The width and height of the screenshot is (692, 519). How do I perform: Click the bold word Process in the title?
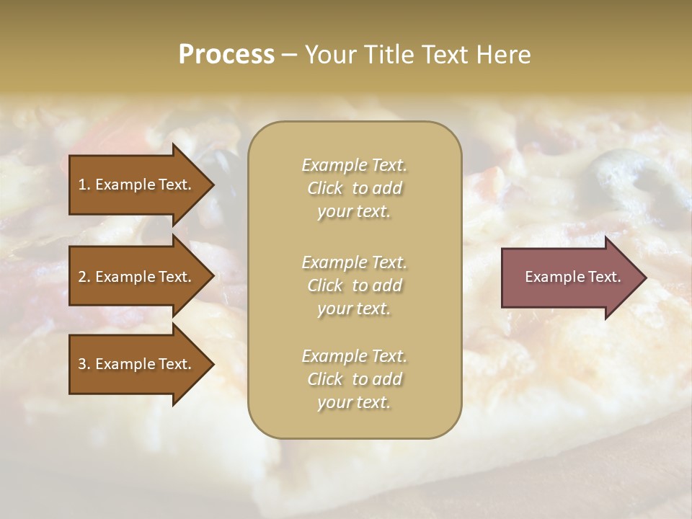click(x=226, y=55)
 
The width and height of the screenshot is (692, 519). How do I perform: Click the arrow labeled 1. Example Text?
click(x=137, y=185)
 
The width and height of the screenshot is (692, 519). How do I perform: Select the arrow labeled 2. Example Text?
click(x=137, y=277)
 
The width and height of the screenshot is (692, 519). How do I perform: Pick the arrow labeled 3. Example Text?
click(x=137, y=364)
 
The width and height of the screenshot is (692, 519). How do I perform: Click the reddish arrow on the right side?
click(x=569, y=278)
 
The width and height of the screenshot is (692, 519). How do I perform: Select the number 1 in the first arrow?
click(x=82, y=185)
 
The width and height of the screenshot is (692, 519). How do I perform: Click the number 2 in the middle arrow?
click(x=82, y=277)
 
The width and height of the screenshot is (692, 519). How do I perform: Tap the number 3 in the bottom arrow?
click(x=82, y=364)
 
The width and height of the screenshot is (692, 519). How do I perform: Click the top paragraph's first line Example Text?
click(x=354, y=165)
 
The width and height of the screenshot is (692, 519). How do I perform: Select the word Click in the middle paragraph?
click(x=324, y=285)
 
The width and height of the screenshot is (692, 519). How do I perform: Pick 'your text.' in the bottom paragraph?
click(x=354, y=402)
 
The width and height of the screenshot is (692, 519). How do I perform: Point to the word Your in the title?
click(x=332, y=55)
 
